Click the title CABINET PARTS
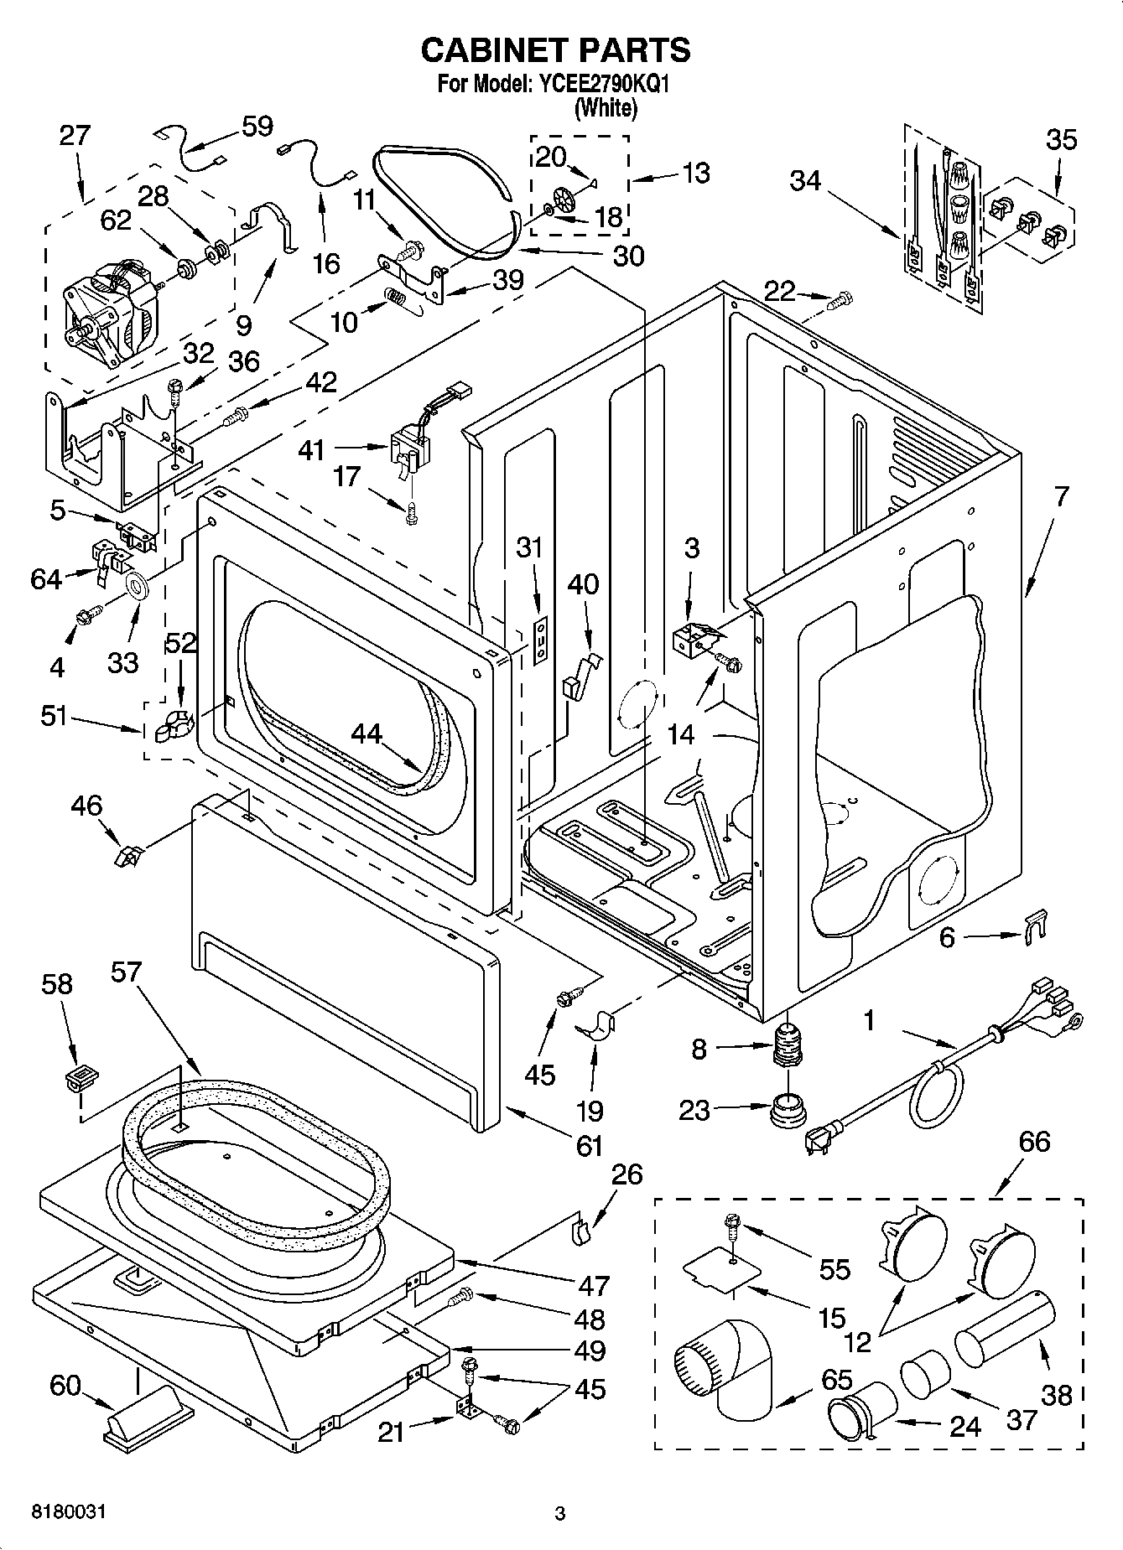coord(555,50)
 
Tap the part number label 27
coord(75,136)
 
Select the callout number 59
coord(257,127)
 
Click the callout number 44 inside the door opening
coord(367,734)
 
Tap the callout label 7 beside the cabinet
coord(1061,496)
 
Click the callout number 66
coord(1033,1141)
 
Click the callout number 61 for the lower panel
coord(590,1143)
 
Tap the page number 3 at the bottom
coord(560,1514)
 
